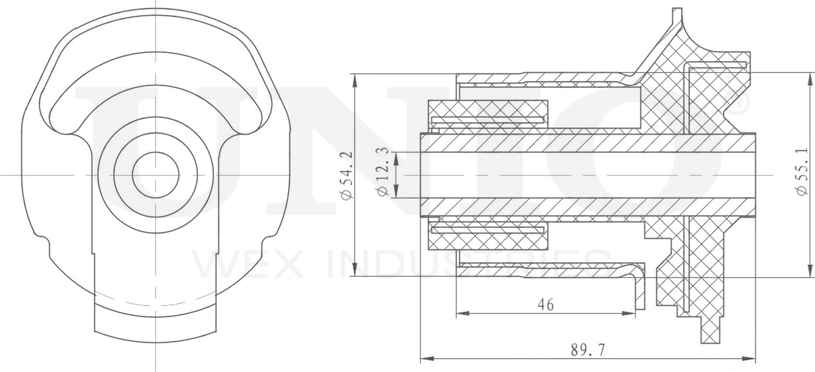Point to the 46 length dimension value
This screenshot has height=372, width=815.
545,304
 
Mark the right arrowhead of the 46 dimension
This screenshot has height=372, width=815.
639,313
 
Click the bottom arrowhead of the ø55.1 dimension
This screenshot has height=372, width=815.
808,272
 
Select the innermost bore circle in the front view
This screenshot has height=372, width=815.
155,174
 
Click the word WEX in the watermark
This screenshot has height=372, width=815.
228,263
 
